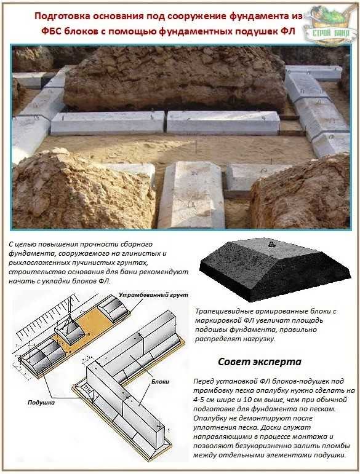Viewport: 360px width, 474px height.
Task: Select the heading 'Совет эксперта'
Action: (x=260, y=361)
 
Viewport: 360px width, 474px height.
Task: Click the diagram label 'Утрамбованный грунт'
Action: (x=153, y=294)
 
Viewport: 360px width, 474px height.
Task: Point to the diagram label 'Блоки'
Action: (x=160, y=382)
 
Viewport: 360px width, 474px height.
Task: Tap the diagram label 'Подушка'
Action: (x=41, y=403)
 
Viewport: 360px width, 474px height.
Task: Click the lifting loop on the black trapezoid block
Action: (x=271, y=244)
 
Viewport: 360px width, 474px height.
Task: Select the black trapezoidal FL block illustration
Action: (x=275, y=269)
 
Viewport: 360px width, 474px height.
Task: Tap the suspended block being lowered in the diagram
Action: (x=70, y=330)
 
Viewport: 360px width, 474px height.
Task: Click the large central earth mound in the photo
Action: (x=174, y=79)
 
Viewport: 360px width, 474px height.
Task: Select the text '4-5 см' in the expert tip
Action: (x=205, y=400)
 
